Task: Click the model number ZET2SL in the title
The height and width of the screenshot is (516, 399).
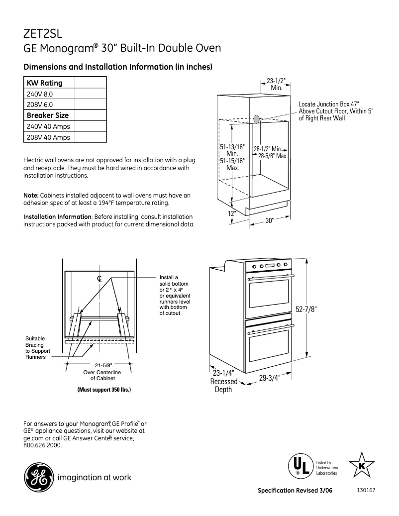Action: (42, 33)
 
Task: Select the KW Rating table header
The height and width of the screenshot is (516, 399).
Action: (45, 83)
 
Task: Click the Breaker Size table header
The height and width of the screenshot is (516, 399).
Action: (48, 115)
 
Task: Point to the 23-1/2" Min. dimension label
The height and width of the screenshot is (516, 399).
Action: (276, 84)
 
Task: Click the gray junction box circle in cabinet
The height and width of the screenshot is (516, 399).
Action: (256, 119)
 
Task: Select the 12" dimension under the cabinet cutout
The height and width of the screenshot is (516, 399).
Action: (232, 213)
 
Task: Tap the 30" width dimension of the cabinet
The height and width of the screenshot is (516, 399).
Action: (270, 221)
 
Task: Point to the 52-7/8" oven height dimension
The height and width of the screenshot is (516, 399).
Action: (306, 309)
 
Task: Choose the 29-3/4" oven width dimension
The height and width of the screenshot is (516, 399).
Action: (270, 378)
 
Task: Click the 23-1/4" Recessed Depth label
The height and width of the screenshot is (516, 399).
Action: (223, 381)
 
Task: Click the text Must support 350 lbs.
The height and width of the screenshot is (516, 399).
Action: (104, 389)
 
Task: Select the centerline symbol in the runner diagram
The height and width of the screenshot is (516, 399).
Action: (100, 279)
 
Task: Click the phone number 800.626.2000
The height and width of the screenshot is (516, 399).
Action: (43, 445)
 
